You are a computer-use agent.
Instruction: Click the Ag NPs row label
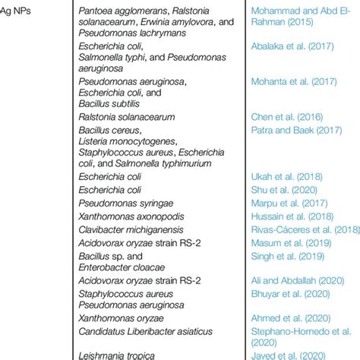tap(22, 11)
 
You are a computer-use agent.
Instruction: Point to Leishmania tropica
tap(118, 354)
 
